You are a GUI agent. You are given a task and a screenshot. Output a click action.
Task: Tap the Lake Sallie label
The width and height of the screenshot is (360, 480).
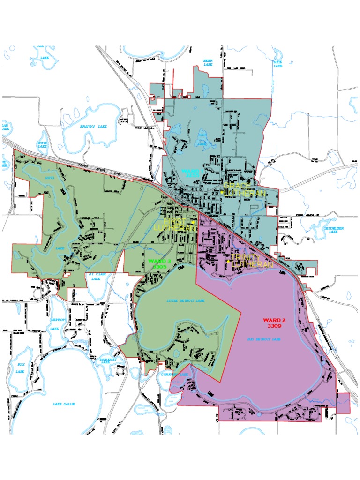coord(64,404)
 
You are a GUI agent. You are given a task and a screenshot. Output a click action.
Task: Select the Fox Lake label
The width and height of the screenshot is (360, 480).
coord(20,367)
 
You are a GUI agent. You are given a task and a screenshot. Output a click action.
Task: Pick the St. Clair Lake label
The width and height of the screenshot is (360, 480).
coord(96,276)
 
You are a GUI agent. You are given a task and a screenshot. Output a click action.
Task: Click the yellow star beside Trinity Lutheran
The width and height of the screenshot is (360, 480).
coord(228,261)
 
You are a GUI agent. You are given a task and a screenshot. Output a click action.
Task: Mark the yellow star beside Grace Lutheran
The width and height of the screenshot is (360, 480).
coord(222,192)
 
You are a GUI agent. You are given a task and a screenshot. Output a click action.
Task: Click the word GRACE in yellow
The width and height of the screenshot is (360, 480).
coord(236,186)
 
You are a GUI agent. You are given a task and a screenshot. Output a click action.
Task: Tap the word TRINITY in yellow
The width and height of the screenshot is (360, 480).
coord(246,258)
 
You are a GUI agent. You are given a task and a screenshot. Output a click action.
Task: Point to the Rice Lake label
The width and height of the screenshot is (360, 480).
coord(278,63)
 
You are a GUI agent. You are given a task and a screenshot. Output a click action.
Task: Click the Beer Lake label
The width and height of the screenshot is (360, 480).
coord(208,62)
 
